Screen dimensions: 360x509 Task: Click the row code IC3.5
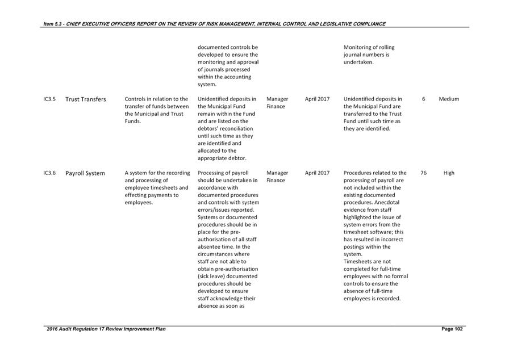(x=49, y=99)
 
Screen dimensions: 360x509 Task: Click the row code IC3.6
(x=49, y=173)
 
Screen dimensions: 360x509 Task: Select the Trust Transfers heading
(x=86, y=99)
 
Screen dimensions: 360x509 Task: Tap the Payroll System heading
(x=85, y=173)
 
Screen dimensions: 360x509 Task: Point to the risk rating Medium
(x=449, y=99)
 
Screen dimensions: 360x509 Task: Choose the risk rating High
(x=449, y=173)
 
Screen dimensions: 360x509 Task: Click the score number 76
(x=424, y=173)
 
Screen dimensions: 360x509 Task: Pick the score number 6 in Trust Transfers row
(x=424, y=99)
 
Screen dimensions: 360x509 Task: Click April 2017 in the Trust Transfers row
(x=317, y=99)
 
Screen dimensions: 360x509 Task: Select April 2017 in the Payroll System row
(x=317, y=173)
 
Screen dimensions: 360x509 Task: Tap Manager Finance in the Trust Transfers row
(x=277, y=103)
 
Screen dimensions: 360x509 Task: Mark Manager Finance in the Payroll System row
(x=277, y=177)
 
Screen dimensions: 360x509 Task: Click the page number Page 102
(x=452, y=329)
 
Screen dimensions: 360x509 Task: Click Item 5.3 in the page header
(x=54, y=24)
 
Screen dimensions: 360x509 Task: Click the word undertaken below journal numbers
(x=358, y=62)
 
